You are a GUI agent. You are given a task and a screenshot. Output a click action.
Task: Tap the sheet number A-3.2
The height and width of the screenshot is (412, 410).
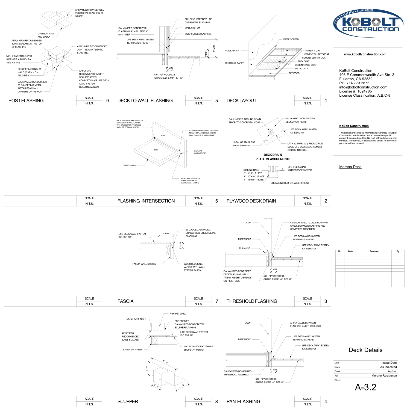[x=365, y=387]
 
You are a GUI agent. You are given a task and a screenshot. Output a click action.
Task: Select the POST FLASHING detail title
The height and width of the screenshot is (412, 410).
[x=26, y=101]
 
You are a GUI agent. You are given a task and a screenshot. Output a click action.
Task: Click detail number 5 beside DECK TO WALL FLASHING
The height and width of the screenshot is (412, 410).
[x=216, y=101]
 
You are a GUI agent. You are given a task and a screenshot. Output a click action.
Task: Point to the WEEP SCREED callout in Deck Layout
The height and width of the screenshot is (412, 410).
[x=291, y=39]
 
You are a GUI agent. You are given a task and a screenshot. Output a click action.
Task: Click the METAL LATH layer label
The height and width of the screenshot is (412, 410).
[x=301, y=69]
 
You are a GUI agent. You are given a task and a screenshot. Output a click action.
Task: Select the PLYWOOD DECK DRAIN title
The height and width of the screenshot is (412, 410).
[x=251, y=201]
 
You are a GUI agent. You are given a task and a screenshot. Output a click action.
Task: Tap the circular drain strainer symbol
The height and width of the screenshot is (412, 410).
[x=271, y=132]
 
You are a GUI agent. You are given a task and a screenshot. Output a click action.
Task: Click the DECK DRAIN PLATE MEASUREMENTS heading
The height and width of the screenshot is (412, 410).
[x=273, y=157]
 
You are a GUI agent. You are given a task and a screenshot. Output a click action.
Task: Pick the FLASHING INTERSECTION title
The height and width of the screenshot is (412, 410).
[x=146, y=201]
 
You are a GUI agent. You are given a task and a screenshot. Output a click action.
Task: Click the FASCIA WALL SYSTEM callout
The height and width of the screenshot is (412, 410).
[x=144, y=264]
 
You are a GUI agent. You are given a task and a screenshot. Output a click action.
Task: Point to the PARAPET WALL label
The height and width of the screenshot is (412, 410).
[x=177, y=314]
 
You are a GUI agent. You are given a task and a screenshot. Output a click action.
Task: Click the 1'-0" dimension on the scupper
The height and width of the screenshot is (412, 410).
[x=166, y=362]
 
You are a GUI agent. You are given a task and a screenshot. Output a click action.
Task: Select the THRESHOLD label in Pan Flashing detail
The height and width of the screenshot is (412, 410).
[x=244, y=339]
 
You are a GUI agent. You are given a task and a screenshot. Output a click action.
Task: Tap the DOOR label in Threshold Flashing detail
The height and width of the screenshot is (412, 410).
[x=248, y=223]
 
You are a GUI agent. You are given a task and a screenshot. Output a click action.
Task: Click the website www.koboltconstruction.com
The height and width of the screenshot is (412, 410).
[x=365, y=54]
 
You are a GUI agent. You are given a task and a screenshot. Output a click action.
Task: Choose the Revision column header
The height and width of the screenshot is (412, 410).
[x=374, y=251]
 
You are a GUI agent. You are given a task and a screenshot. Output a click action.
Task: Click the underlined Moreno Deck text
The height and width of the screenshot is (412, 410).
[x=350, y=167]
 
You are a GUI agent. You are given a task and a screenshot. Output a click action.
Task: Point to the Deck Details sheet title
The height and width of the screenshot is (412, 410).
[x=365, y=350]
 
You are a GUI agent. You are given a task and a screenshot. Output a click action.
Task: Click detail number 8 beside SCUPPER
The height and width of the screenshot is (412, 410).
[x=216, y=402]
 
